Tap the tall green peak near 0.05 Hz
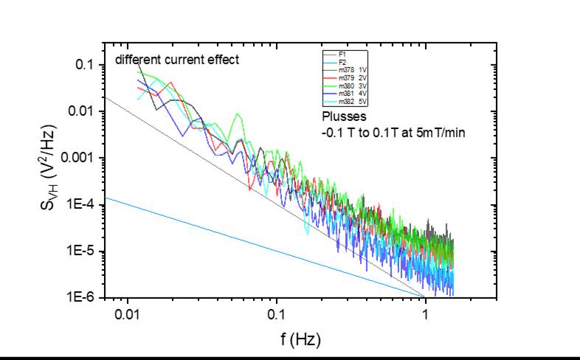click(237, 115)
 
